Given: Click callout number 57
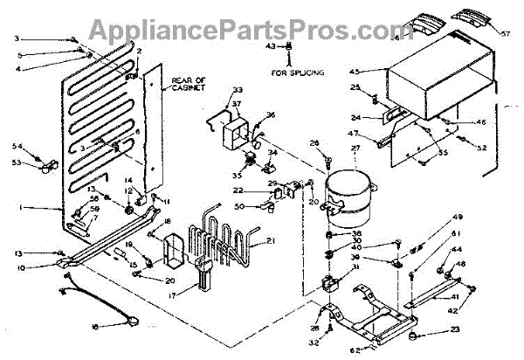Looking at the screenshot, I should tap(503, 36).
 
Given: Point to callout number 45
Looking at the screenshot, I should tap(380, 71).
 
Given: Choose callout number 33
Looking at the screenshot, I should tap(238, 90).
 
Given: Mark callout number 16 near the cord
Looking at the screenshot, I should tap(96, 327).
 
